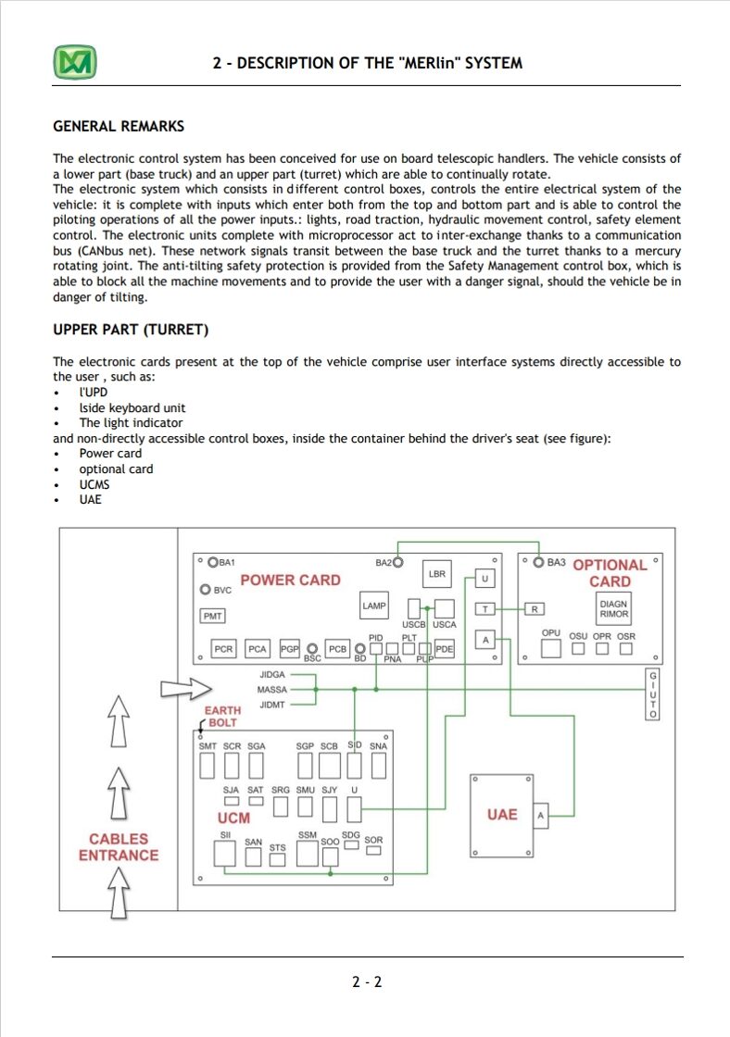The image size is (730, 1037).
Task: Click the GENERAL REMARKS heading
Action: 119,126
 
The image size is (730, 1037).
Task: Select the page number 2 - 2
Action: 367,981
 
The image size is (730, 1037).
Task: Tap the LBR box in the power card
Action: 437,573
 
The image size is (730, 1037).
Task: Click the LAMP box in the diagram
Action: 374,606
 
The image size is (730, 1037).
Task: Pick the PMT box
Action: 212,616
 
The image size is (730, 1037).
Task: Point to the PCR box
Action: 223,649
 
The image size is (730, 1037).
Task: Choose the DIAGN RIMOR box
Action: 613,608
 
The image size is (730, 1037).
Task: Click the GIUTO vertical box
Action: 652,694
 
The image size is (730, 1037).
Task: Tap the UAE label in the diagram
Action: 502,815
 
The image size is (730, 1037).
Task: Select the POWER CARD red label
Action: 291,580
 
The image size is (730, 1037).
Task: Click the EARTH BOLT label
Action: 221,717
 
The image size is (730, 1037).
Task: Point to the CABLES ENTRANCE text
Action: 119,847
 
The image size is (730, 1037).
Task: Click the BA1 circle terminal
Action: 213,562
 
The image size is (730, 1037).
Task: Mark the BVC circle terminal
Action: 205,589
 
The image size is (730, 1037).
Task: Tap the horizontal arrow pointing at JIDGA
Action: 186,689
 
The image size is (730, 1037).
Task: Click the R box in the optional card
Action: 535,609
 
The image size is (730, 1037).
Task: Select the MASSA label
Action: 272,689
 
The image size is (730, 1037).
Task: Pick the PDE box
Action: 444,649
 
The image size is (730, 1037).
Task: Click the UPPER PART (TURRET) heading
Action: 131,330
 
